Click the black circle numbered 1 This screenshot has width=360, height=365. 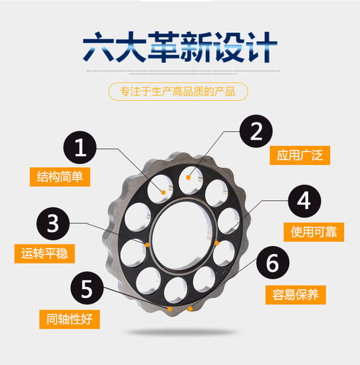coord(80,147)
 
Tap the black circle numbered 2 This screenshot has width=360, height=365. coord(256,131)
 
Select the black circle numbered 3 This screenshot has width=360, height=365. coord(53,223)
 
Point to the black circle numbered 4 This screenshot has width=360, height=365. coord(305,201)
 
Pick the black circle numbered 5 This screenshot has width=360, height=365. coord(87,288)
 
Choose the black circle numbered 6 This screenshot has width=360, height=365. coord(272,263)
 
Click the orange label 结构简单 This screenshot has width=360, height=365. coord(60,177)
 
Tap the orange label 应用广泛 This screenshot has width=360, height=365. coord(300,155)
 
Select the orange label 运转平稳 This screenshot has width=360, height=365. coord(45,253)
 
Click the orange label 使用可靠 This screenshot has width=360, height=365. coord(314,232)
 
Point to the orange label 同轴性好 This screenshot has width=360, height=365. coord(69,319)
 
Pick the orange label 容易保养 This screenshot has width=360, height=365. coord(296,295)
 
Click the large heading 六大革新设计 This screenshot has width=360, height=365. coord(180,47)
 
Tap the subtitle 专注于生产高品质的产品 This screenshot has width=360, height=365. coord(178,92)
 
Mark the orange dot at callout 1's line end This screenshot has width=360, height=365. coord(164,193)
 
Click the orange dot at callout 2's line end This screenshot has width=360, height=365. coord(188,177)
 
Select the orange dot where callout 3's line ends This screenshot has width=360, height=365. coord(148,245)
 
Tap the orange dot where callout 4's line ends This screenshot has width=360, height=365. coord(217,243)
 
